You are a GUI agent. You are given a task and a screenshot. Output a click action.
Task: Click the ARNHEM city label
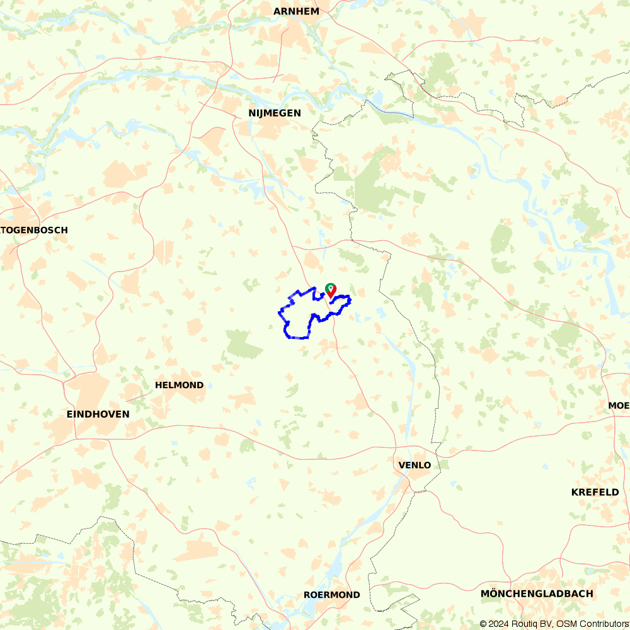coord(296,11)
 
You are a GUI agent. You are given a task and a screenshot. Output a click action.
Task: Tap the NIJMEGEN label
coord(274,113)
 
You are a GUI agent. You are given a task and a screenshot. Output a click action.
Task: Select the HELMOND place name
coord(180,385)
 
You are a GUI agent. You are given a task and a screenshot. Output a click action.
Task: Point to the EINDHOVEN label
coord(98,414)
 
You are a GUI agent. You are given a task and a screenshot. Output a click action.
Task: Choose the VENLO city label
coord(415,465)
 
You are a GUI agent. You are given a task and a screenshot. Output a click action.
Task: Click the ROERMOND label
coord(331,595)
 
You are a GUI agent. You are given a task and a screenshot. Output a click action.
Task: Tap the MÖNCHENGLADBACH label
coord(536,593)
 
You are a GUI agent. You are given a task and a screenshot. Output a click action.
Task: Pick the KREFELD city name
coord(595,492)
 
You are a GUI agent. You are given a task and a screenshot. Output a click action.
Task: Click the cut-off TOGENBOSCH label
coord(34,230)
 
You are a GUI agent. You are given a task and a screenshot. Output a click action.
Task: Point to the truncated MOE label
coord(619,405)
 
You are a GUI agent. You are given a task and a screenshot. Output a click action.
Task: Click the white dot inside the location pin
coord(329,289)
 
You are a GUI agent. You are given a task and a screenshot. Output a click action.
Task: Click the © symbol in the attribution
coord(483,624)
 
